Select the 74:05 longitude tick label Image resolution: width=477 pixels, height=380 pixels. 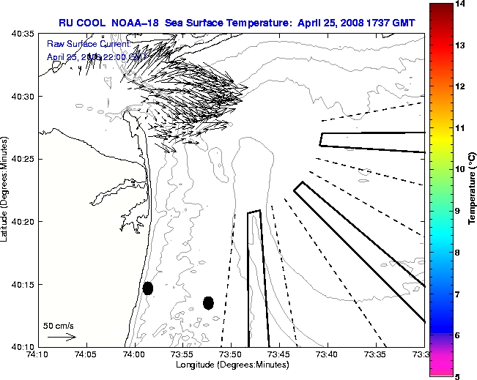pos(86,354)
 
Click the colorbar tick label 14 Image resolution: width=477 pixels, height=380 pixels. pos(459,4)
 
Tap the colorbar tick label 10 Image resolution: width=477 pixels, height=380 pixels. pos(459,169)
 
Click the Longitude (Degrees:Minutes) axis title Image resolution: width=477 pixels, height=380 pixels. pos(231,364)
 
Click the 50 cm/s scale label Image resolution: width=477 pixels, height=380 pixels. pos(59,325)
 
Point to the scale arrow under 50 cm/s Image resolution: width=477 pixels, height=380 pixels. pos(61,337)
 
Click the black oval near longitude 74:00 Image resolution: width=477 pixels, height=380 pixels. pos(148,288)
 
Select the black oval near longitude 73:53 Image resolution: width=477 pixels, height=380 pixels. pos(208,302)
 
